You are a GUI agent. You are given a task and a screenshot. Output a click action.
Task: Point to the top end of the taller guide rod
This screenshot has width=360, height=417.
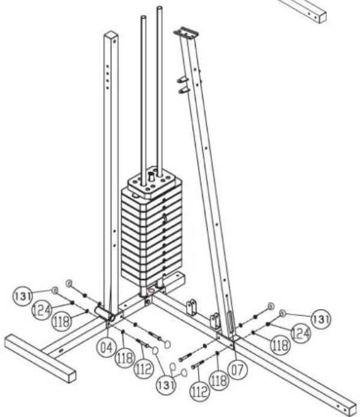click(160, 8)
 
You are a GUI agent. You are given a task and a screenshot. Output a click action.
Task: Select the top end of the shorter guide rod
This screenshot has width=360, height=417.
click(143, 18)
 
